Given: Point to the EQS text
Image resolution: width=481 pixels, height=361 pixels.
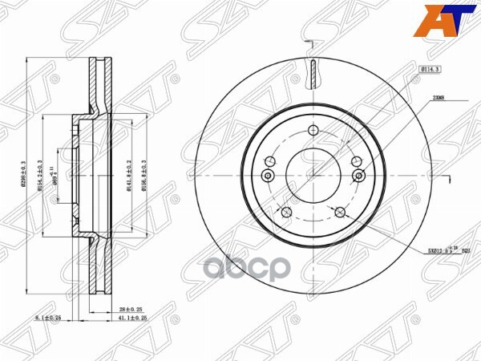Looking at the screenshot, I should [x=465, y=251].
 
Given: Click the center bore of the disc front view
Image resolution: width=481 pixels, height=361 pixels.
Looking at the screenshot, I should [x=311, y=176].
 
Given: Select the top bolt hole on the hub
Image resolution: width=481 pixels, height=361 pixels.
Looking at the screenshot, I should [x=312, y=134].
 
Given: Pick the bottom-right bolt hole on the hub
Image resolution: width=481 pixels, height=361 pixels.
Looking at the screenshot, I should [x=340, y=212].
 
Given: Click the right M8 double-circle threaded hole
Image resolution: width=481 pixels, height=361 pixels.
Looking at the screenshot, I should [x=358, y=176].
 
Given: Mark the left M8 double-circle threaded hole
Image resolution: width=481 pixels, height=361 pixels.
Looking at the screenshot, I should [x=268, y=176].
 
